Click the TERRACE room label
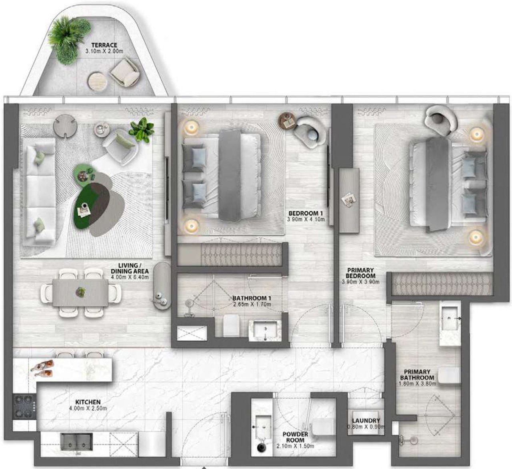click(x=104, y=45)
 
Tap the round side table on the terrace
click(x=97, y=81)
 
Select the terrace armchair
click(x=125, y=72)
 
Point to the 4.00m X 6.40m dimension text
click(x=130, y=277)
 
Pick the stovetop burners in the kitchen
click(x=25, y=406)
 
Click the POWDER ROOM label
click(x=295, y=437)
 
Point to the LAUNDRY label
click(x=366, y=421)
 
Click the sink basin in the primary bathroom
click(x=450, y=318)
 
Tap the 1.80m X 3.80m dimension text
click(x=417, y=383)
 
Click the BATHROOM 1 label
click(x=252, y=298)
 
